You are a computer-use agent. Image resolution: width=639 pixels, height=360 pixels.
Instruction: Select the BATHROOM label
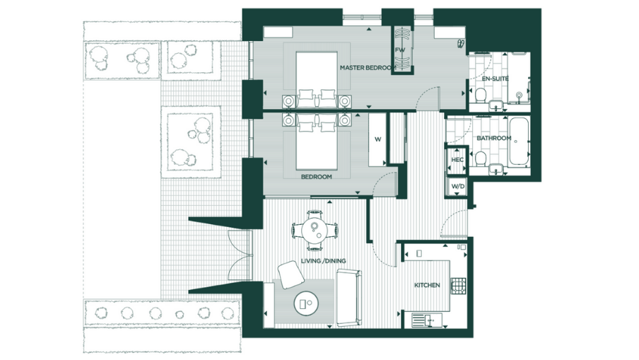(493, 138)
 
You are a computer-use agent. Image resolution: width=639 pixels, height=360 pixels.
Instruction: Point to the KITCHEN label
(427, 285)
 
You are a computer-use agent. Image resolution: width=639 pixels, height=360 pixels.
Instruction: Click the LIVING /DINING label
(324, 261)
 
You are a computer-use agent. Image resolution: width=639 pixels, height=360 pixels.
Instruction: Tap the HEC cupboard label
(457, 161)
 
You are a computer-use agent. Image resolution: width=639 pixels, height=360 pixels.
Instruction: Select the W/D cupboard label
(457, 187)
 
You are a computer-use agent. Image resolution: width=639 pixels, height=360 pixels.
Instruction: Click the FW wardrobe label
(401, 50)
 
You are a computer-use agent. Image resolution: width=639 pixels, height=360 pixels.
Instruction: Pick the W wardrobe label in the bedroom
(377, 139)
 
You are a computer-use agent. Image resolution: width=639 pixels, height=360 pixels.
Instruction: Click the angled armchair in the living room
(288, 274)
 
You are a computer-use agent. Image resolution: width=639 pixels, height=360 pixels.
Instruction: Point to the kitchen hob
(458, 286)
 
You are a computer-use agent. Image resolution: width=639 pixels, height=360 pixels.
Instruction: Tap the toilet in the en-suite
(479, 95)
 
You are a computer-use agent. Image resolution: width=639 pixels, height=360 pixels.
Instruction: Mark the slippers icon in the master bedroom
(460, 43)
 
